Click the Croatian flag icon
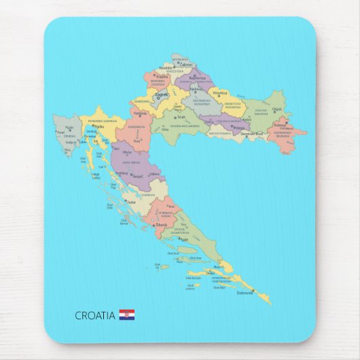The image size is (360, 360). pyautogui.click(x=126, y=314)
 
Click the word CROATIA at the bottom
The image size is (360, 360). pyautogui.click(x=94, y=315)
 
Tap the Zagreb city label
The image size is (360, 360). pyautogui.click(x=162, y=94)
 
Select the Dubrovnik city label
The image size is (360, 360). pyautogui.click(x=245, y=293)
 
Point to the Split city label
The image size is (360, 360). pyautogui.click(x=184, y=239)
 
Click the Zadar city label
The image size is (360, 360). pyautogui.click(x=132, y=202)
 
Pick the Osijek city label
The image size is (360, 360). pyautogui.click(x=276, y=109)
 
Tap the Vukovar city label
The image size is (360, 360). pyautogui.click(x=280, y=125)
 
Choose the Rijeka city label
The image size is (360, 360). pyautogui.click(x=99, y=126)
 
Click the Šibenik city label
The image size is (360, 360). pyautogui.click(x=162, y=224)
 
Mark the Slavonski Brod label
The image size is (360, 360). pyautogui.click(x=251, y=134)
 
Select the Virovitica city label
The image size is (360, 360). pyautogui.click(x=220, y=92)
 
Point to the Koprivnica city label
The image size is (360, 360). pyautogui.click(x=196, y=78)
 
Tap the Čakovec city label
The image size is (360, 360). pyautogui.click(x=185, y=65)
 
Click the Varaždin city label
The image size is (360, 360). pyautogui.click(x=166, y=69)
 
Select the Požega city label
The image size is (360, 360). pyautogui.click(x=238, y=127)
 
